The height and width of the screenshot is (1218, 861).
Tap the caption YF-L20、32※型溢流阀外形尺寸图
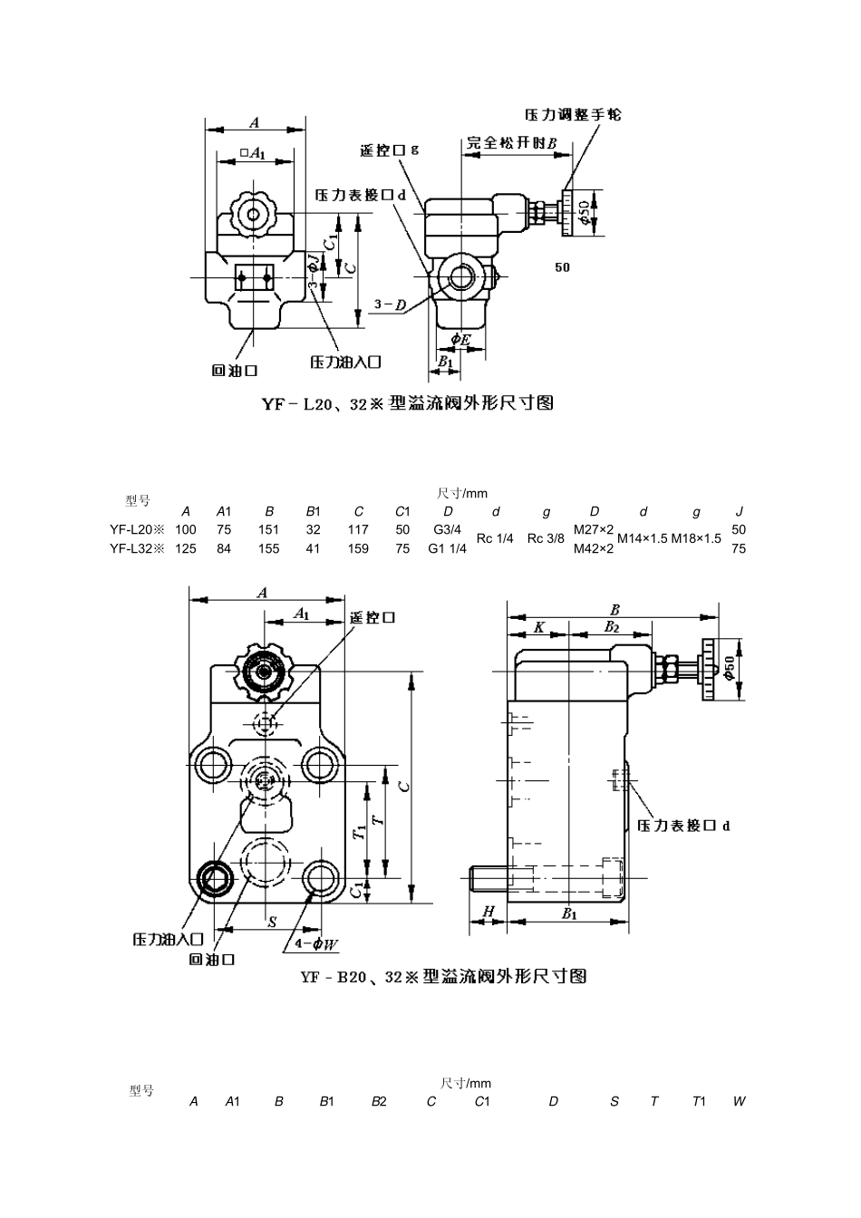pyautogui.click(x=407, y=403)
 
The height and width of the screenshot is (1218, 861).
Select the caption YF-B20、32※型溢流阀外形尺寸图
pyautogui.click(x=443, y=976)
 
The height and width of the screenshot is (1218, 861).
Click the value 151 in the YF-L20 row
pyautogui.click(x=269, y=529)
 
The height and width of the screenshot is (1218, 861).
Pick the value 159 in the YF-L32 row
pyautogui.click(x=358, y=548)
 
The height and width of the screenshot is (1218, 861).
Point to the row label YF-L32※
pyautogui.click(x=137, y=548)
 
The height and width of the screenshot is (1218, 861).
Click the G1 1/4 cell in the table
pyautogui.click(x=447, y=548)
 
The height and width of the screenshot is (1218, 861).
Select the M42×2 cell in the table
pyautogui.click(x=594, y=548)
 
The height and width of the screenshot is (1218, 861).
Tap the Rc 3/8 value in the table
pyautogui.click(x=546, y=538)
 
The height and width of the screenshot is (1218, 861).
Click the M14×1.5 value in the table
pyautogui.click(x=643, y=538)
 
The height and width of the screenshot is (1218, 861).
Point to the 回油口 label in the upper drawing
pyautogui.click(x=234, y=370)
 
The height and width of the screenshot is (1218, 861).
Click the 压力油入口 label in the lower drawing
pyautogui.click(x=169, y=939)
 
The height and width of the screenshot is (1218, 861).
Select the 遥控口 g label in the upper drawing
pyautogui.click(x=389, y=150)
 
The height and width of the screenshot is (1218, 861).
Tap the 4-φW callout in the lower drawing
pyautogui.click(x=316, y=943)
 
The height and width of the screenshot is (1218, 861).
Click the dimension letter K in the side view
pyautogui.click(x=538, y=626)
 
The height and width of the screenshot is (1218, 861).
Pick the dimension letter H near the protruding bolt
pyautogui.click(x=489, y=911)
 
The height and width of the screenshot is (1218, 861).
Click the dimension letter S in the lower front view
pyautogui.click(x=271, y=922)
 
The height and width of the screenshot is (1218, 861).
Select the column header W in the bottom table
pyautogui.click(x=739, y=1101)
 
